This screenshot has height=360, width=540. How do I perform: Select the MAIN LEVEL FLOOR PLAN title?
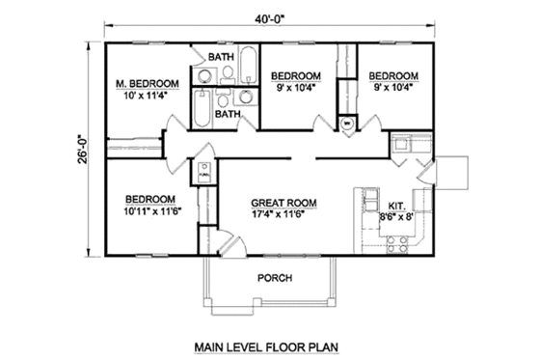click(x=271, y=345)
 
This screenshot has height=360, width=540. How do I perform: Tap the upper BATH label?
click(x=223, y=58)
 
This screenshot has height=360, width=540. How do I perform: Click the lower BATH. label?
click(x=229, y=114)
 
